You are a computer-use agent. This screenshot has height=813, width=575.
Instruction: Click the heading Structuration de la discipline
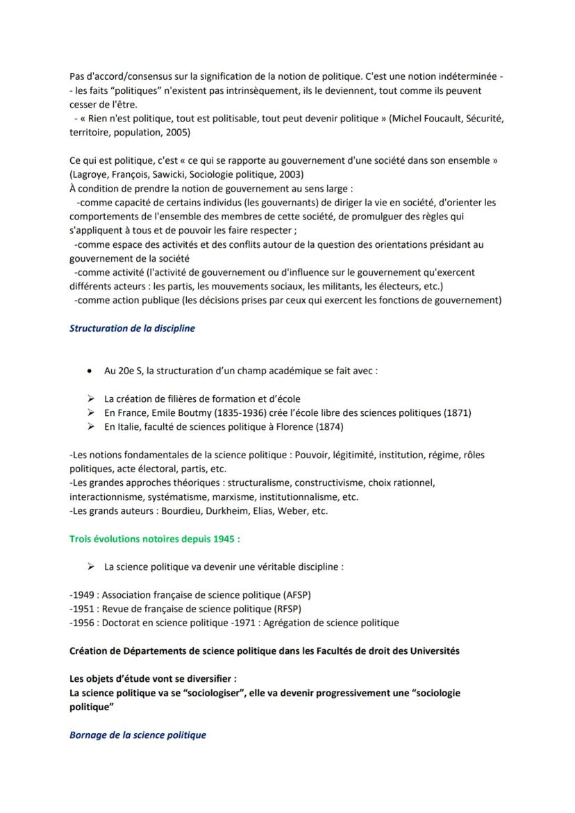[x=132, y=328]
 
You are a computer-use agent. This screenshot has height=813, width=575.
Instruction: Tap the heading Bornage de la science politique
[x=137, y=735]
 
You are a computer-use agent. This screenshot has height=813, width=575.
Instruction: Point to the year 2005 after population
[x=178, y=132]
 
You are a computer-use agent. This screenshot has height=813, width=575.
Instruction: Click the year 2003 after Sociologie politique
[x=291, y=174]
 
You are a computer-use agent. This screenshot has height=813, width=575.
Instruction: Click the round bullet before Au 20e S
[x=89, y=371]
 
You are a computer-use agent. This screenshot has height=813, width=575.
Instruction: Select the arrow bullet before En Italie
[x=90, y=426]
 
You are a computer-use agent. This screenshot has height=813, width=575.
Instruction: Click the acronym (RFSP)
[x=286, y=609]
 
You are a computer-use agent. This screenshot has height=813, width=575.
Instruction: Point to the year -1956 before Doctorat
[x=83, y=623]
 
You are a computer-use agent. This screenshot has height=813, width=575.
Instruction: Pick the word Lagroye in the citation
[x=89, y=174]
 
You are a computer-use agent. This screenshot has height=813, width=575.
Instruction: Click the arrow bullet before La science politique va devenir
[x=90, y=567]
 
